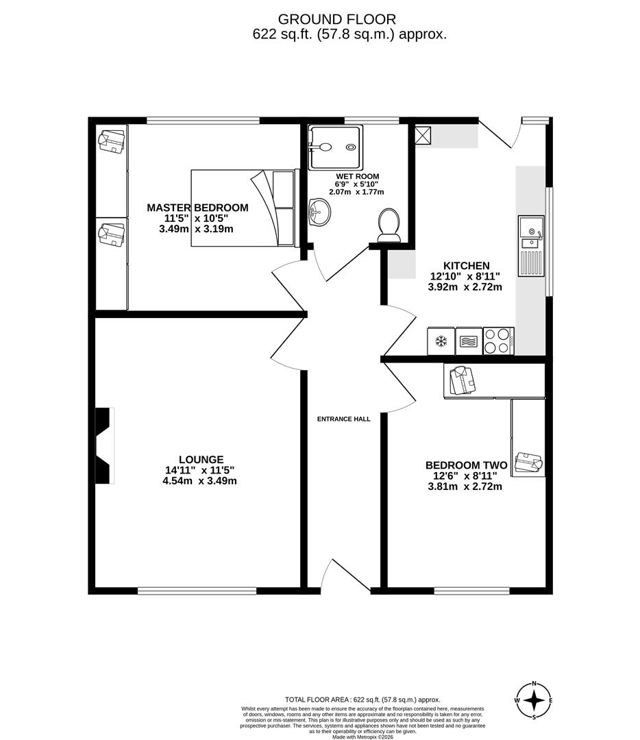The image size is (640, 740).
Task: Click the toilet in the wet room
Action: pyautogui.click(x=389, y=225)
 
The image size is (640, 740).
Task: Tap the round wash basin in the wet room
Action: pyautogui.click(x=319, y=212)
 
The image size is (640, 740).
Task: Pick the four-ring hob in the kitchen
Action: pyautogui.click(x=498, y=341)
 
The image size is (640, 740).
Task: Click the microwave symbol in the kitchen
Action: pyautogui.click(x=469, y=341)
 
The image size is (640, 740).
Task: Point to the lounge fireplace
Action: pyautogui.click(x=102, y=446)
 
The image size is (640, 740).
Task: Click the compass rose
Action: pyautogui.click(x=534, y=700)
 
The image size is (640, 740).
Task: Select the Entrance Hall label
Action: pyautogui.click(x=343, y=419)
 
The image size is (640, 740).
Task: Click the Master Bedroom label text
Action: pyautogui.click(x=197, y=208)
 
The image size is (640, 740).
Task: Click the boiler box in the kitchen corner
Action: pyautogui.click(x=423, y=135)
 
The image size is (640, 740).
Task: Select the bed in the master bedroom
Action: pyautogui.click(x=244, y=208)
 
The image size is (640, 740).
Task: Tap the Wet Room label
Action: pyautogui.click(x=358, y=176)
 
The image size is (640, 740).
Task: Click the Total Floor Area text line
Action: pyautogui.click(x=363, y=700)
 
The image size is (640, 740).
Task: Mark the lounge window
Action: pyautogui.click(x=197, y=590)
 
